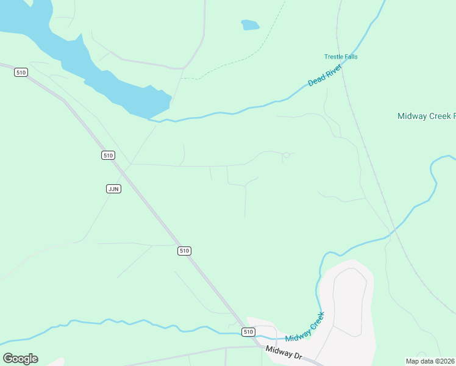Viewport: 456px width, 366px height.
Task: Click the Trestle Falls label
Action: click(341, 57)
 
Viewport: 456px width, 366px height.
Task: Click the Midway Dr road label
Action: click(284, 353)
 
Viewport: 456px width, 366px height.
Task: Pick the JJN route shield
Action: click(113, 188)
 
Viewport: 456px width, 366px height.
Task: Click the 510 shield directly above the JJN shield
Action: click(108, 156)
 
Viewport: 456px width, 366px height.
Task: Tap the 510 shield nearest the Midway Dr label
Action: click(248, 332)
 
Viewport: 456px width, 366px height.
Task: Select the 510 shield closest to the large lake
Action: click(21, 73)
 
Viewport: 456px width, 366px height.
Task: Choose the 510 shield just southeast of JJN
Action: click(185, 251)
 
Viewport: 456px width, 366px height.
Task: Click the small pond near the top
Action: click(250, 25)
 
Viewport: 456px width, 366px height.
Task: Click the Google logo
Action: click(20, 359)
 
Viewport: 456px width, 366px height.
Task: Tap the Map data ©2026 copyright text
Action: click(430, 361)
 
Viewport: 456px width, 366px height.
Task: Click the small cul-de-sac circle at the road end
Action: click(286, 155)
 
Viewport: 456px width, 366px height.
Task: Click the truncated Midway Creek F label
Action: click(426, 116)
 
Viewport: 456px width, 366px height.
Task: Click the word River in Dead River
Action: click(333, 70)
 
